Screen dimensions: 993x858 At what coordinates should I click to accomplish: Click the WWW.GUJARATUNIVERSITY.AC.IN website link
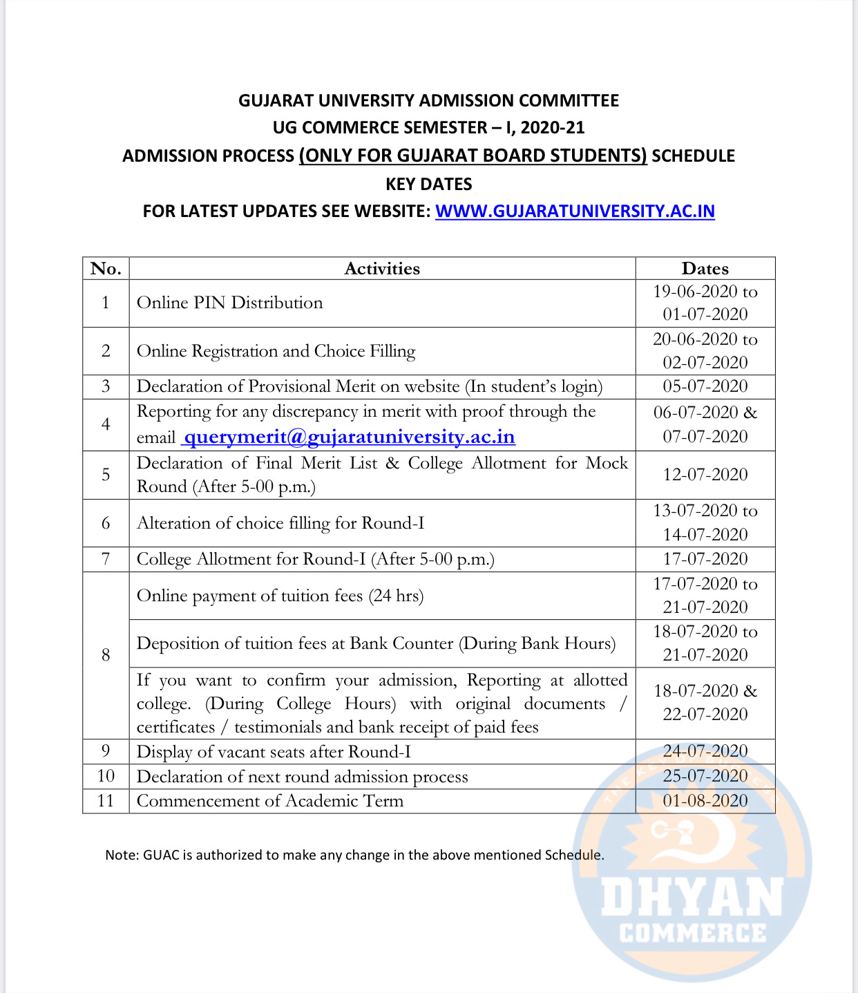coord(575,211)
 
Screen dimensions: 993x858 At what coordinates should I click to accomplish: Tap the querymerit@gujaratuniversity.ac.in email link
coord(349,437)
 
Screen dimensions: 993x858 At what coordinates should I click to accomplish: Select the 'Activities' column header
coord(382,269)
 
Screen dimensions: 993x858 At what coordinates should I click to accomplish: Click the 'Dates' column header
coord(705,269)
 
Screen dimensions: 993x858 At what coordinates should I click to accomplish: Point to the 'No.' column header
coord(106,269)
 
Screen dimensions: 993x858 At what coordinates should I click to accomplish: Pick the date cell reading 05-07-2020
coord(705,386)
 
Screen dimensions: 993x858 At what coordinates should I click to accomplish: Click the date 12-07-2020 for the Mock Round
coord(705,475)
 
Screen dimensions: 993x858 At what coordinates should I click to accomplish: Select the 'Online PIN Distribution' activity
coord(229,303)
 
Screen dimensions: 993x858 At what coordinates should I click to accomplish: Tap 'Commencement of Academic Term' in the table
coord(269,801)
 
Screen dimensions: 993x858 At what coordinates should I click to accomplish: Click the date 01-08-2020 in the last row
coord(705,801)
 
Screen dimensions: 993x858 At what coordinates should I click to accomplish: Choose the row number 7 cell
coord(106,559)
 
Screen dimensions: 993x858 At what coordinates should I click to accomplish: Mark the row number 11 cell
coord(106,801)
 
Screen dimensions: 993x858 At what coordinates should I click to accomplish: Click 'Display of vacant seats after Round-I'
coord(274,752)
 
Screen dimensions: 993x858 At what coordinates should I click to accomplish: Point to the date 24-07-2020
coord(705,751)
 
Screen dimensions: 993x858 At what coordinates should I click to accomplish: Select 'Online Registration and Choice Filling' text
coord(276,351)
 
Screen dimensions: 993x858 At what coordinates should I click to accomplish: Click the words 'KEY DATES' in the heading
coord(428,185)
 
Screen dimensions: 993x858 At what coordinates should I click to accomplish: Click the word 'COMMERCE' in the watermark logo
coord(692,934)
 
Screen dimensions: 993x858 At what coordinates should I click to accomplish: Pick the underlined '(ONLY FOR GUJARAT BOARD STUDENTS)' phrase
coord(473,156)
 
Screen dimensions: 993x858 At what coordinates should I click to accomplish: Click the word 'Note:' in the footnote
coord(122,855)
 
